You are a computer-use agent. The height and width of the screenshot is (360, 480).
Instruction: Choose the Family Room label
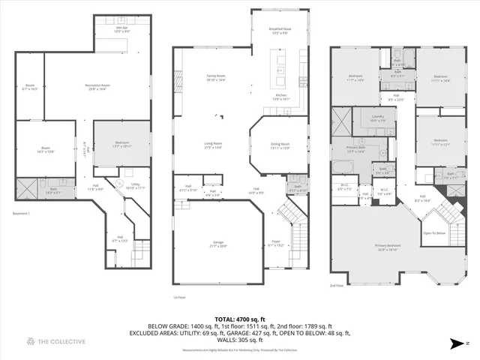pos(217,76)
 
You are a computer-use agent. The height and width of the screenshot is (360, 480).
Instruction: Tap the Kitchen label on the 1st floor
pos(280,96)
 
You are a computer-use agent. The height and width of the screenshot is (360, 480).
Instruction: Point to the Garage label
pos(217,243)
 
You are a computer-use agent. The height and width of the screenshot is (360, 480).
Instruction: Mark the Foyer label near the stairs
pos(276,241)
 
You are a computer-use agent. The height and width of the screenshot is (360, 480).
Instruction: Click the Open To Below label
pos(433,232)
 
